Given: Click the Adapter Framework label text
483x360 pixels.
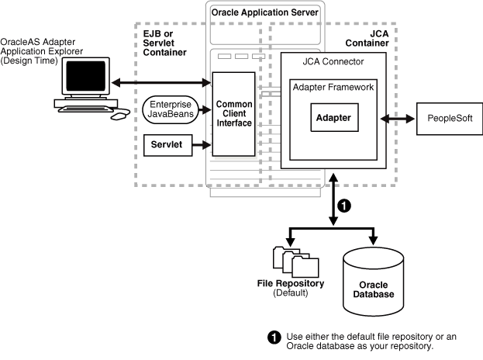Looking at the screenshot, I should [333, 87].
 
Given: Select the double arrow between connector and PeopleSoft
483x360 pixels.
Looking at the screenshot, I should [396, 119].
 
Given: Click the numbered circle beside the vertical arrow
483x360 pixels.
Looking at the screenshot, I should [347, 207].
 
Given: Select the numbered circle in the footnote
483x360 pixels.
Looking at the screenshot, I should [274, 337].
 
